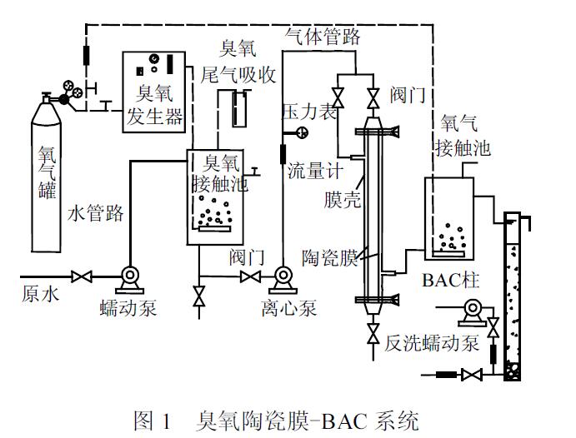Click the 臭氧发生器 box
click(x=154, y=90)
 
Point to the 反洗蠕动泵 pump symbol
click(x=474, y=310)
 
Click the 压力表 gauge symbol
click(x=300, y=132)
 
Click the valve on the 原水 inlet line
click(x=81, y=276)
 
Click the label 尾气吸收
click(x=238, y=75)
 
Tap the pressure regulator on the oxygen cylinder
click(x=67, y=96)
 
